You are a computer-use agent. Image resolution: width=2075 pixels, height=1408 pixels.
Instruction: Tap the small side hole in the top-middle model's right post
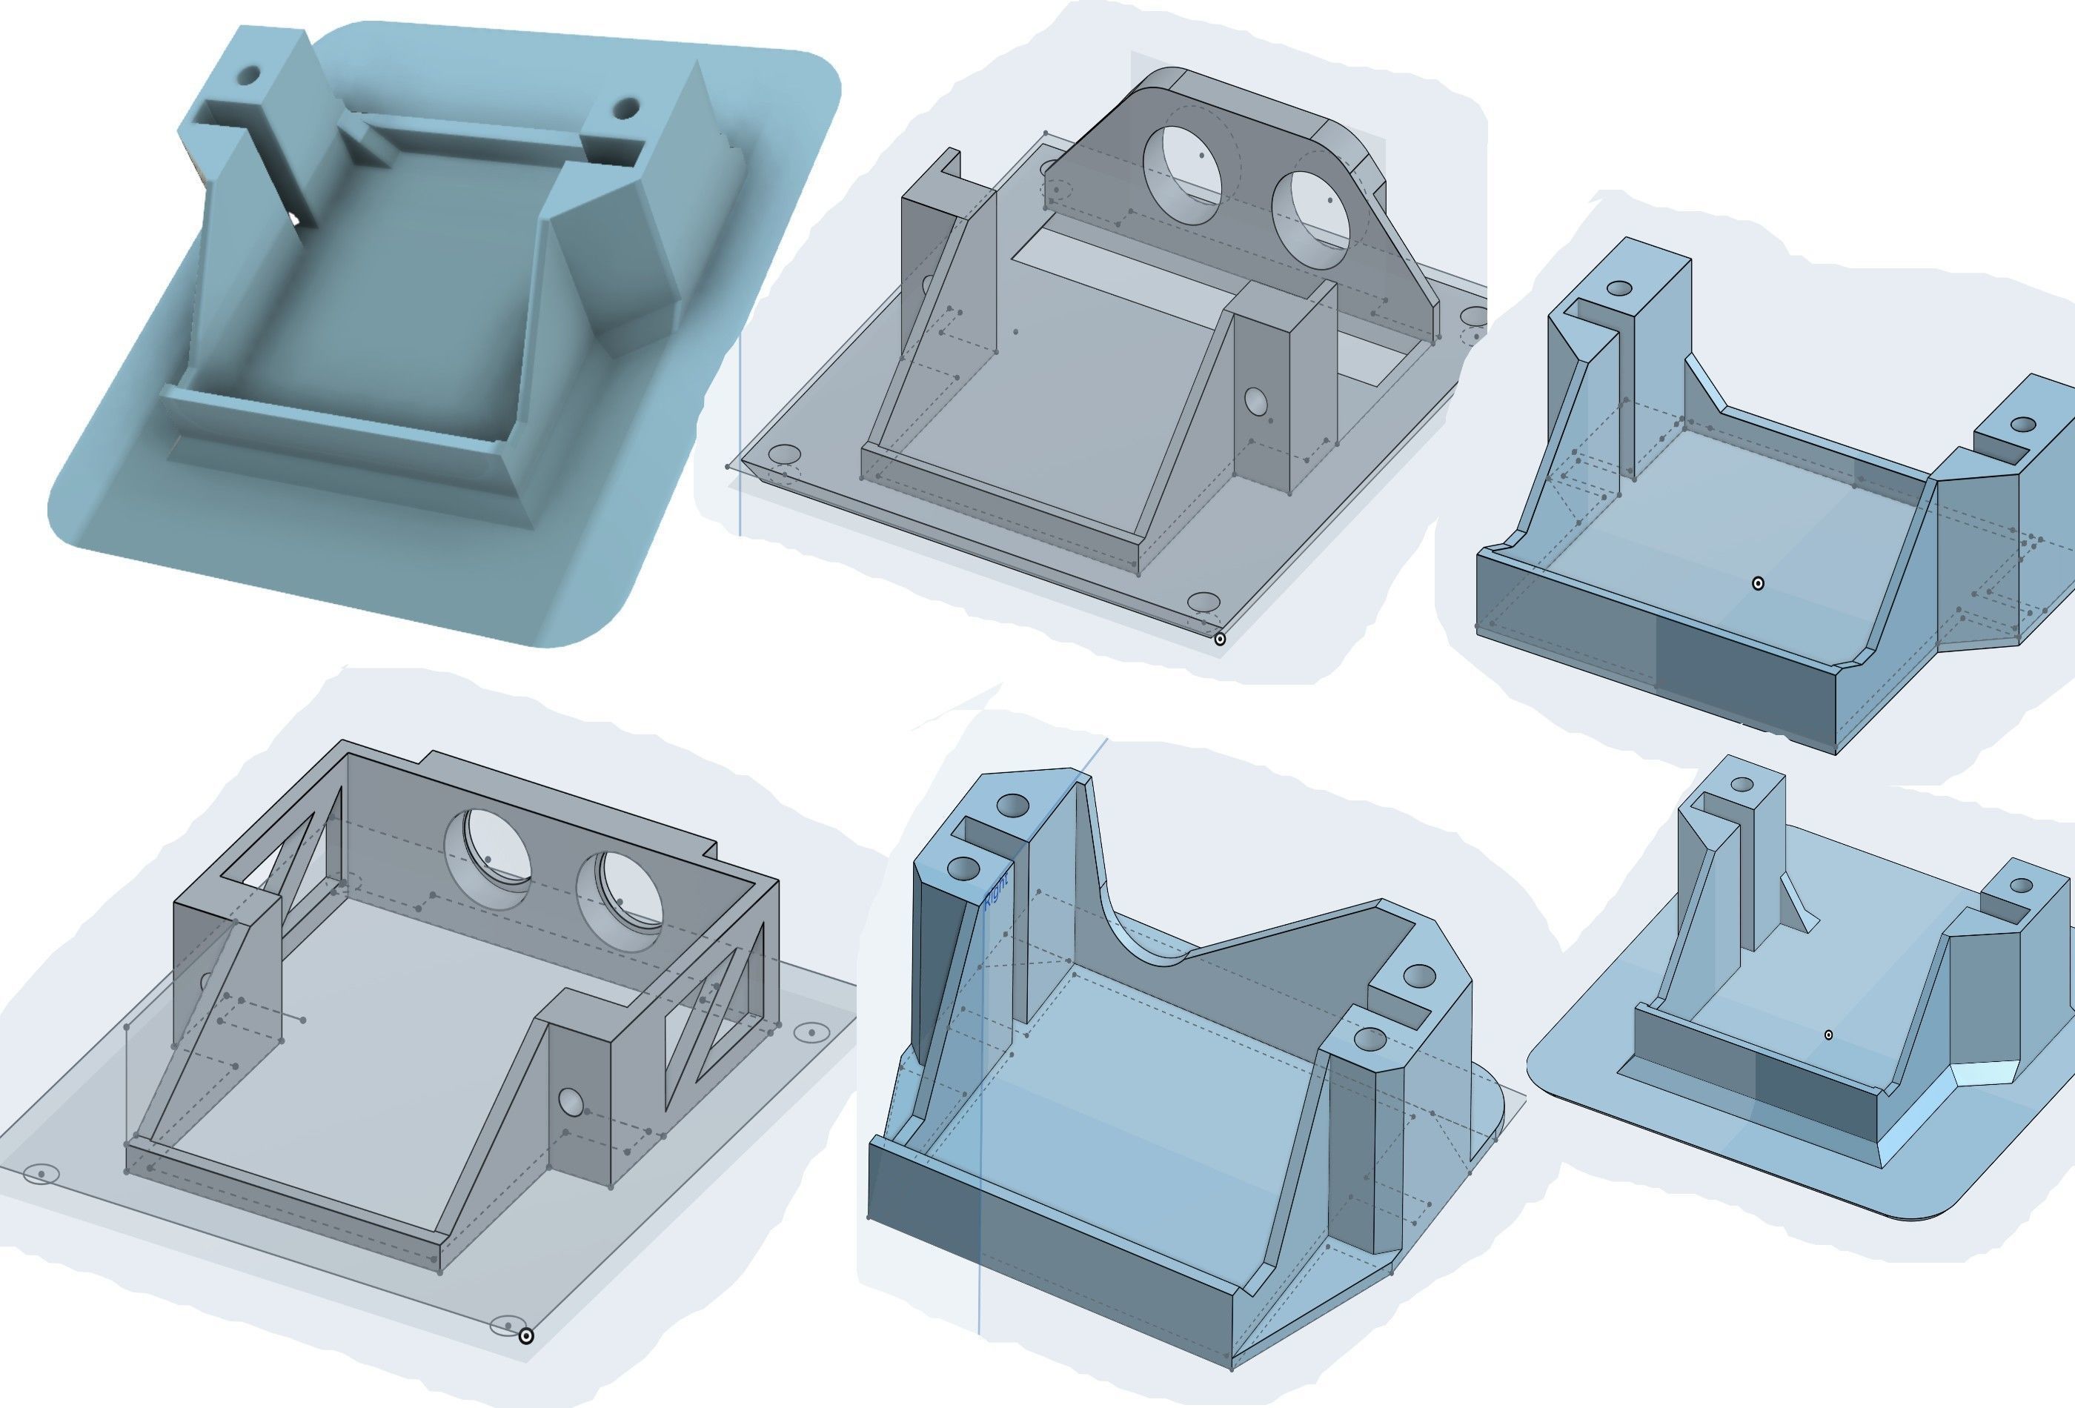pyautogui.click(x=1255, y=401)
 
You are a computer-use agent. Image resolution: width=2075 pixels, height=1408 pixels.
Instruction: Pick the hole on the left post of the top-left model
pyautogui.click(x=249, y=75)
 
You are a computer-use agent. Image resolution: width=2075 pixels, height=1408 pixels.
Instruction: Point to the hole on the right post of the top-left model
pyautogui.click(x=626, y=110)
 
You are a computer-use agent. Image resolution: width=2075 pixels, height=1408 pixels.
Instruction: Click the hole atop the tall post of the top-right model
pyautogui.click(x=1618, y=289)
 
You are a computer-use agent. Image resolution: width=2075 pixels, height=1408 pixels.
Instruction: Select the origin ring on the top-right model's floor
pyautogui.click(x=1758, y=583)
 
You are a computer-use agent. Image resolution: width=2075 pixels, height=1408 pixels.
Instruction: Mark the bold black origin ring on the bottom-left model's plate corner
pyautogui.click(x=526, y=1335)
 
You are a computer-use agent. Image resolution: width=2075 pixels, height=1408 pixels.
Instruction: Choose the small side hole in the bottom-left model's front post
pyautogui.click(x=571, y=1103)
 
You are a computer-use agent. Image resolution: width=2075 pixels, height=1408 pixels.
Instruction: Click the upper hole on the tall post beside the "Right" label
pyautogui.click(x=1012, y=806)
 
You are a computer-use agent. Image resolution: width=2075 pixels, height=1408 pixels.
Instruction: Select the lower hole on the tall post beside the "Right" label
pyautogui.click(x=963, y=868)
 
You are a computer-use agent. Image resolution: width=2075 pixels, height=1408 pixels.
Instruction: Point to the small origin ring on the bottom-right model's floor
pyautogui.click(x=1827, y=1035)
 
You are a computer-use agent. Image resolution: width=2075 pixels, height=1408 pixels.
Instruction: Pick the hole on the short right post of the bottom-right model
pyautogui.click(x=2022, y=886)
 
